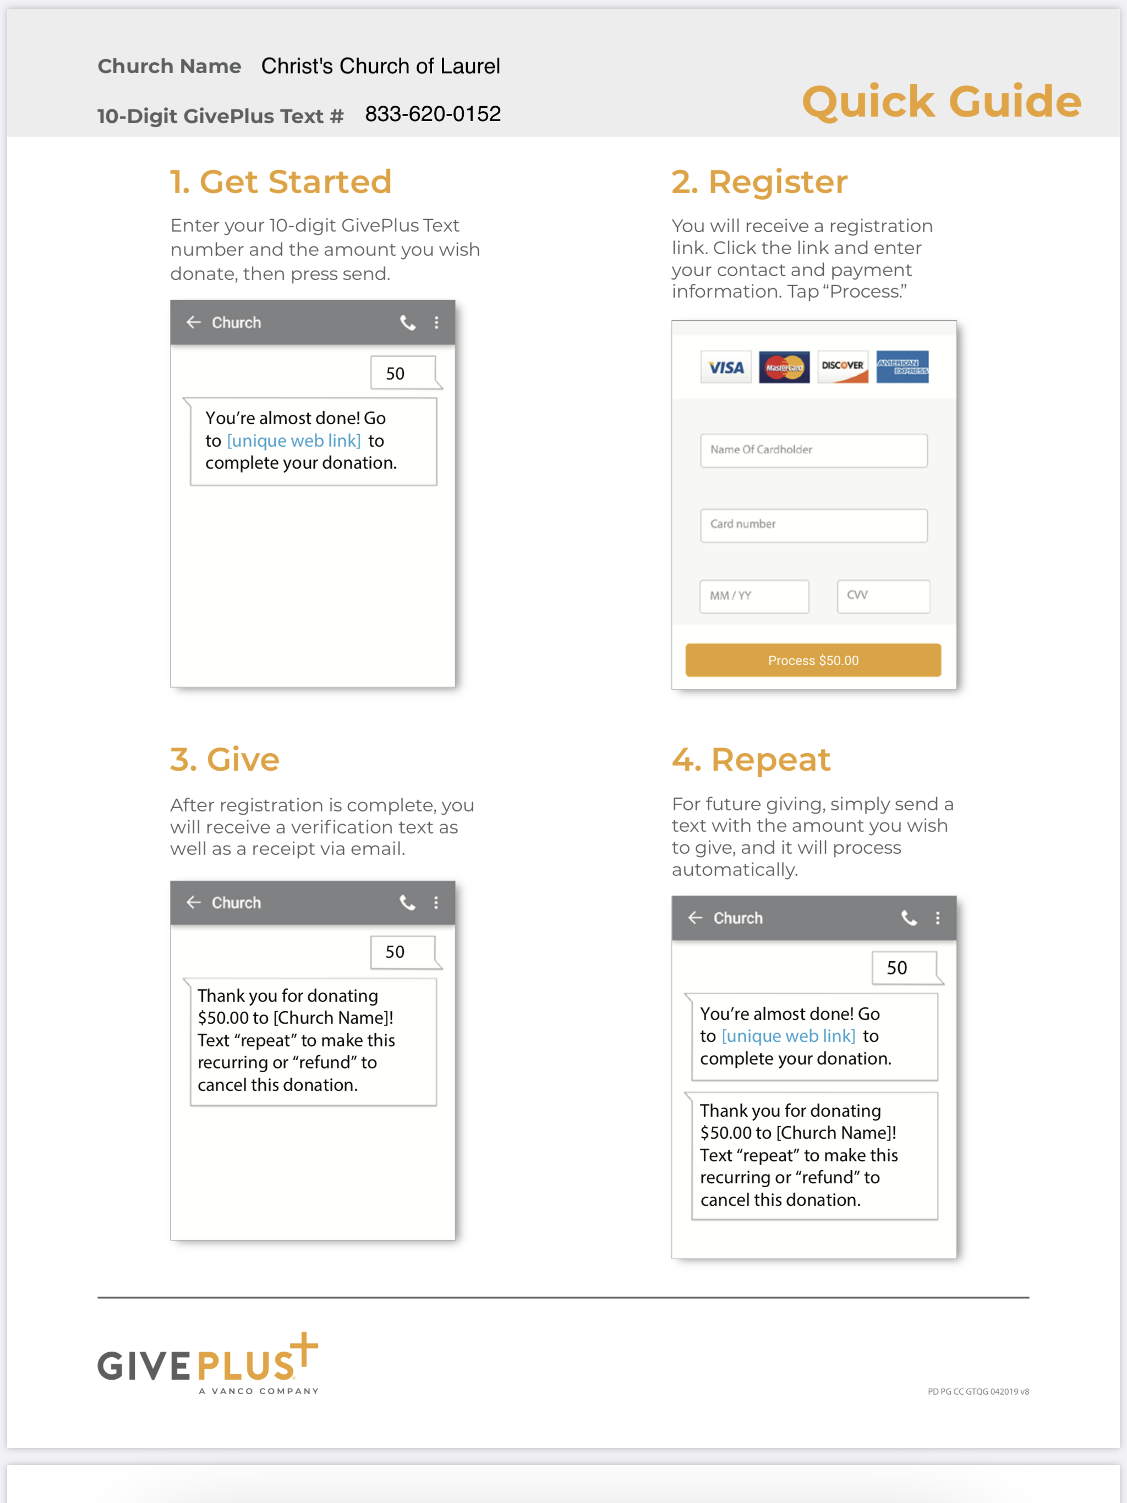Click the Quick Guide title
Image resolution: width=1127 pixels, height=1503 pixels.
(941, 102)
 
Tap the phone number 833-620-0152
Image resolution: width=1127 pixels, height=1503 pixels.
(433, 114)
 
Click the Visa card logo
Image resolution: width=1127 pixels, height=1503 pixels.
(726, 367)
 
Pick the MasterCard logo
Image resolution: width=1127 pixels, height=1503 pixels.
(784, 367)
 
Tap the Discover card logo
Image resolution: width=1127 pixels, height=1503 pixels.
(842, 367)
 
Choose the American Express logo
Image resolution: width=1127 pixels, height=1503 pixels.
(901, 367)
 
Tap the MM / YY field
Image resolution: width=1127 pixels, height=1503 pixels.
(754, 596)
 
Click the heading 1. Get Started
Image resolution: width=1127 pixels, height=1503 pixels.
(281, 182)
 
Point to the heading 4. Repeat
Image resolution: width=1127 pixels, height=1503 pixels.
(751, 760)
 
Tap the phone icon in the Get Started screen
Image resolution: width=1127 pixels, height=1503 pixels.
(407, 323)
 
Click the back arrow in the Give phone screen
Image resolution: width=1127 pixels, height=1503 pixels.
(194, 902)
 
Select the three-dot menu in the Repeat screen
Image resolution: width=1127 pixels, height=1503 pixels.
(937, 918)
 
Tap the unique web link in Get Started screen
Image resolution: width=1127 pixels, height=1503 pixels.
(294, 441)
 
